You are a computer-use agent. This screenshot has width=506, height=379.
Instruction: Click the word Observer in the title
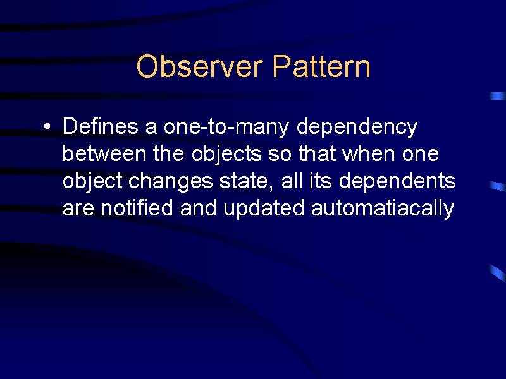(x=199, y=66)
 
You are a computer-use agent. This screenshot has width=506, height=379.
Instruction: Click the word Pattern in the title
(x=321, y=66)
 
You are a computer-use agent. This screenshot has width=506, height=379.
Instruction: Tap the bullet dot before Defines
(x=47, y=126)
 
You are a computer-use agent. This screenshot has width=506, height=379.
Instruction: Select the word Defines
(x=101, y=126)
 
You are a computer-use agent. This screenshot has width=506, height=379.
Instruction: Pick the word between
(x=104, y=153)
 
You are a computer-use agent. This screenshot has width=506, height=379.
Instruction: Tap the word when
(x=368, y=153)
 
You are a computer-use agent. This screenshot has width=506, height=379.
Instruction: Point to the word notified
(x=137, y=208)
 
